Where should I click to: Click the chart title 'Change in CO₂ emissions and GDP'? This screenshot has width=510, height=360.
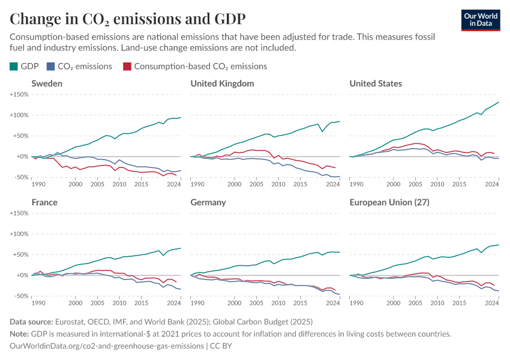(127, 18)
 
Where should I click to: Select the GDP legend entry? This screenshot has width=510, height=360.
(25, 66)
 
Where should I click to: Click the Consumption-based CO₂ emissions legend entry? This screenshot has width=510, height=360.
(194, 66)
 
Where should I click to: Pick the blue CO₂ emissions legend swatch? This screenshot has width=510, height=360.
(52, 66)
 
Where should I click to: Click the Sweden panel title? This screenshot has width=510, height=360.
(47, 83)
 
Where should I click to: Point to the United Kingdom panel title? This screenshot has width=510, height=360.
(222, 83)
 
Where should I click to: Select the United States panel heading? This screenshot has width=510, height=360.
(376, 83)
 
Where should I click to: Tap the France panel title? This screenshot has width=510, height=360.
(44, 202)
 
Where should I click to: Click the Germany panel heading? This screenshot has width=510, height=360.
(208, 202)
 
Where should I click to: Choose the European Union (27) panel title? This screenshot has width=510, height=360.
(389, 202)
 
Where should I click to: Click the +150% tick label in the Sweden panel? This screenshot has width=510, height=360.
(20, 95)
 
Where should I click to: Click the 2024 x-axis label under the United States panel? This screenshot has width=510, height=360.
(491, 185)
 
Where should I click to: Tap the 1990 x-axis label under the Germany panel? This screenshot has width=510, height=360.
(197, 304)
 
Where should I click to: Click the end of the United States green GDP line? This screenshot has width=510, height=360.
(499, 103)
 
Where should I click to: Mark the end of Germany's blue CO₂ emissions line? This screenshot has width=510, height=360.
(340, 294)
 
